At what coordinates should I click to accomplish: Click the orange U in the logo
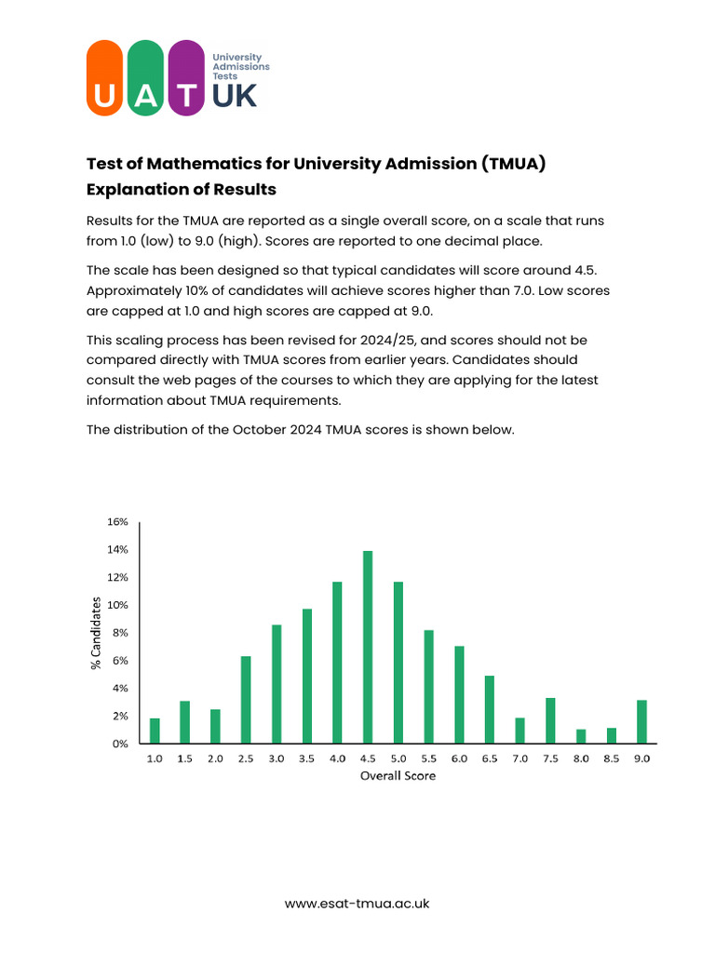pos(104,80)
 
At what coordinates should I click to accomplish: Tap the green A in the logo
pos(145,80)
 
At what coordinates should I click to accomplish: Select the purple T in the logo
pos(187,80)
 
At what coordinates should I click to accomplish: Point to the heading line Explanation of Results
pos(182,190)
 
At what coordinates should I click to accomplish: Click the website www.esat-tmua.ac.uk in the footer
pos(357,903)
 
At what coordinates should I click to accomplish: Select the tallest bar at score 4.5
pos(368,647)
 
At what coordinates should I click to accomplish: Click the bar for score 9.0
pos(641,721)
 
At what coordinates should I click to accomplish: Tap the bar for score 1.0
pos(155,731)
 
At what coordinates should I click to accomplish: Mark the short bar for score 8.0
pos(581,736)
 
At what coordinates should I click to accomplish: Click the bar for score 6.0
pos(459,694)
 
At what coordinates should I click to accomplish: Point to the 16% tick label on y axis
pos(116,522)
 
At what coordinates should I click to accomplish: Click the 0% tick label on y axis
pos(119,744)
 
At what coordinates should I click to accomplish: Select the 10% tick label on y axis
pos(116,605)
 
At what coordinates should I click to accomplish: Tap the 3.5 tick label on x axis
pos(306,759)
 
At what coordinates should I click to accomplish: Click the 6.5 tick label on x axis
pos(489,759)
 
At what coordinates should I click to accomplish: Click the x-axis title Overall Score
pos(398,776)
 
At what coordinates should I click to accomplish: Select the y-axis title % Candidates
pos(95,634)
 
